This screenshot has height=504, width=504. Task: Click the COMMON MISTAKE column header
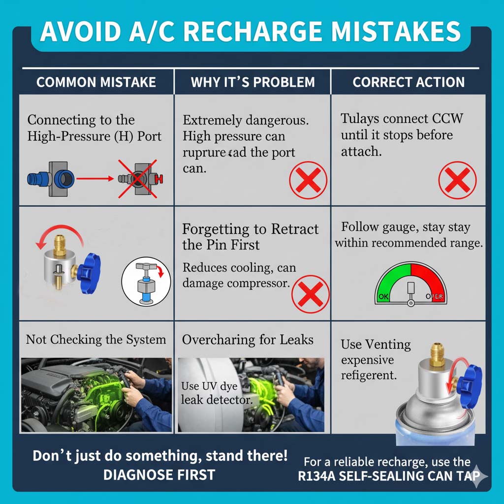96,82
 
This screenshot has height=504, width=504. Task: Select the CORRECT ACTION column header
409,82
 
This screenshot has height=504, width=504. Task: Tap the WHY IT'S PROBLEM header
252,82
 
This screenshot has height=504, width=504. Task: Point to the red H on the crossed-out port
159,179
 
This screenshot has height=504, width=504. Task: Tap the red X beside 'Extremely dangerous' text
308,180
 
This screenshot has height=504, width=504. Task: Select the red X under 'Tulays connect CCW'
457,180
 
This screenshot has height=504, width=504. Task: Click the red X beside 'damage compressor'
311,294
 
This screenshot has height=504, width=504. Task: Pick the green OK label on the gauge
383,296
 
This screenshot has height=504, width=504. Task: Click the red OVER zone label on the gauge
435,296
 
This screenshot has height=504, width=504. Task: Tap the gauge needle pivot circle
410,303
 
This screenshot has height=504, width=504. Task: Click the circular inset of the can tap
146,281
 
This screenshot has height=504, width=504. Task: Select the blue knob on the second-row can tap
89,273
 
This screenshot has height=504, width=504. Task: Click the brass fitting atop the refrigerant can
437,355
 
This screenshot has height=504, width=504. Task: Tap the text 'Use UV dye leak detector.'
216,393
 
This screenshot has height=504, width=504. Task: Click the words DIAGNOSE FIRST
159,475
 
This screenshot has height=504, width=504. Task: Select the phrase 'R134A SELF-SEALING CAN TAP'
389,476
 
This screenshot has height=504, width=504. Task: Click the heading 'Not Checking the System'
96,340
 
